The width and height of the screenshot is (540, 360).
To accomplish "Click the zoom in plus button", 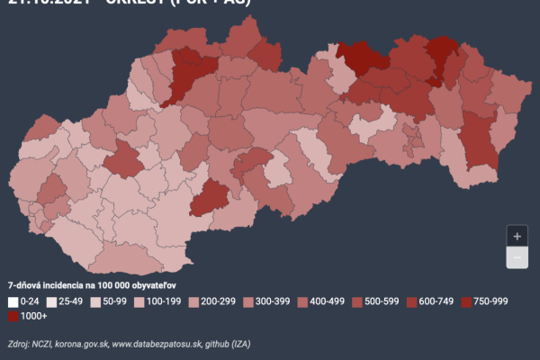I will [x=517, y=236].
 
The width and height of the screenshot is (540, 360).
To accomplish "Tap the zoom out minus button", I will [x=517, y=257].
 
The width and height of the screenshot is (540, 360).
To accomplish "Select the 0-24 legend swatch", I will [x=13, y=301].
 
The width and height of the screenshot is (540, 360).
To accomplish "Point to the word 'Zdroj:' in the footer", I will [x=18, y=344].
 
